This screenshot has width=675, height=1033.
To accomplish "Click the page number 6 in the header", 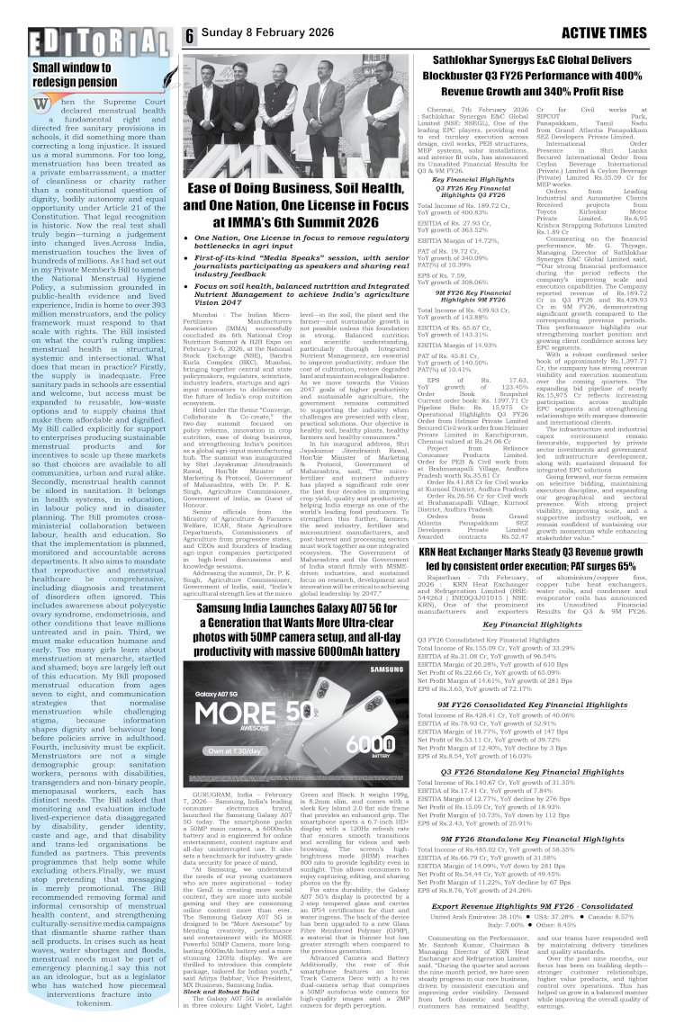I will coord(191,36).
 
